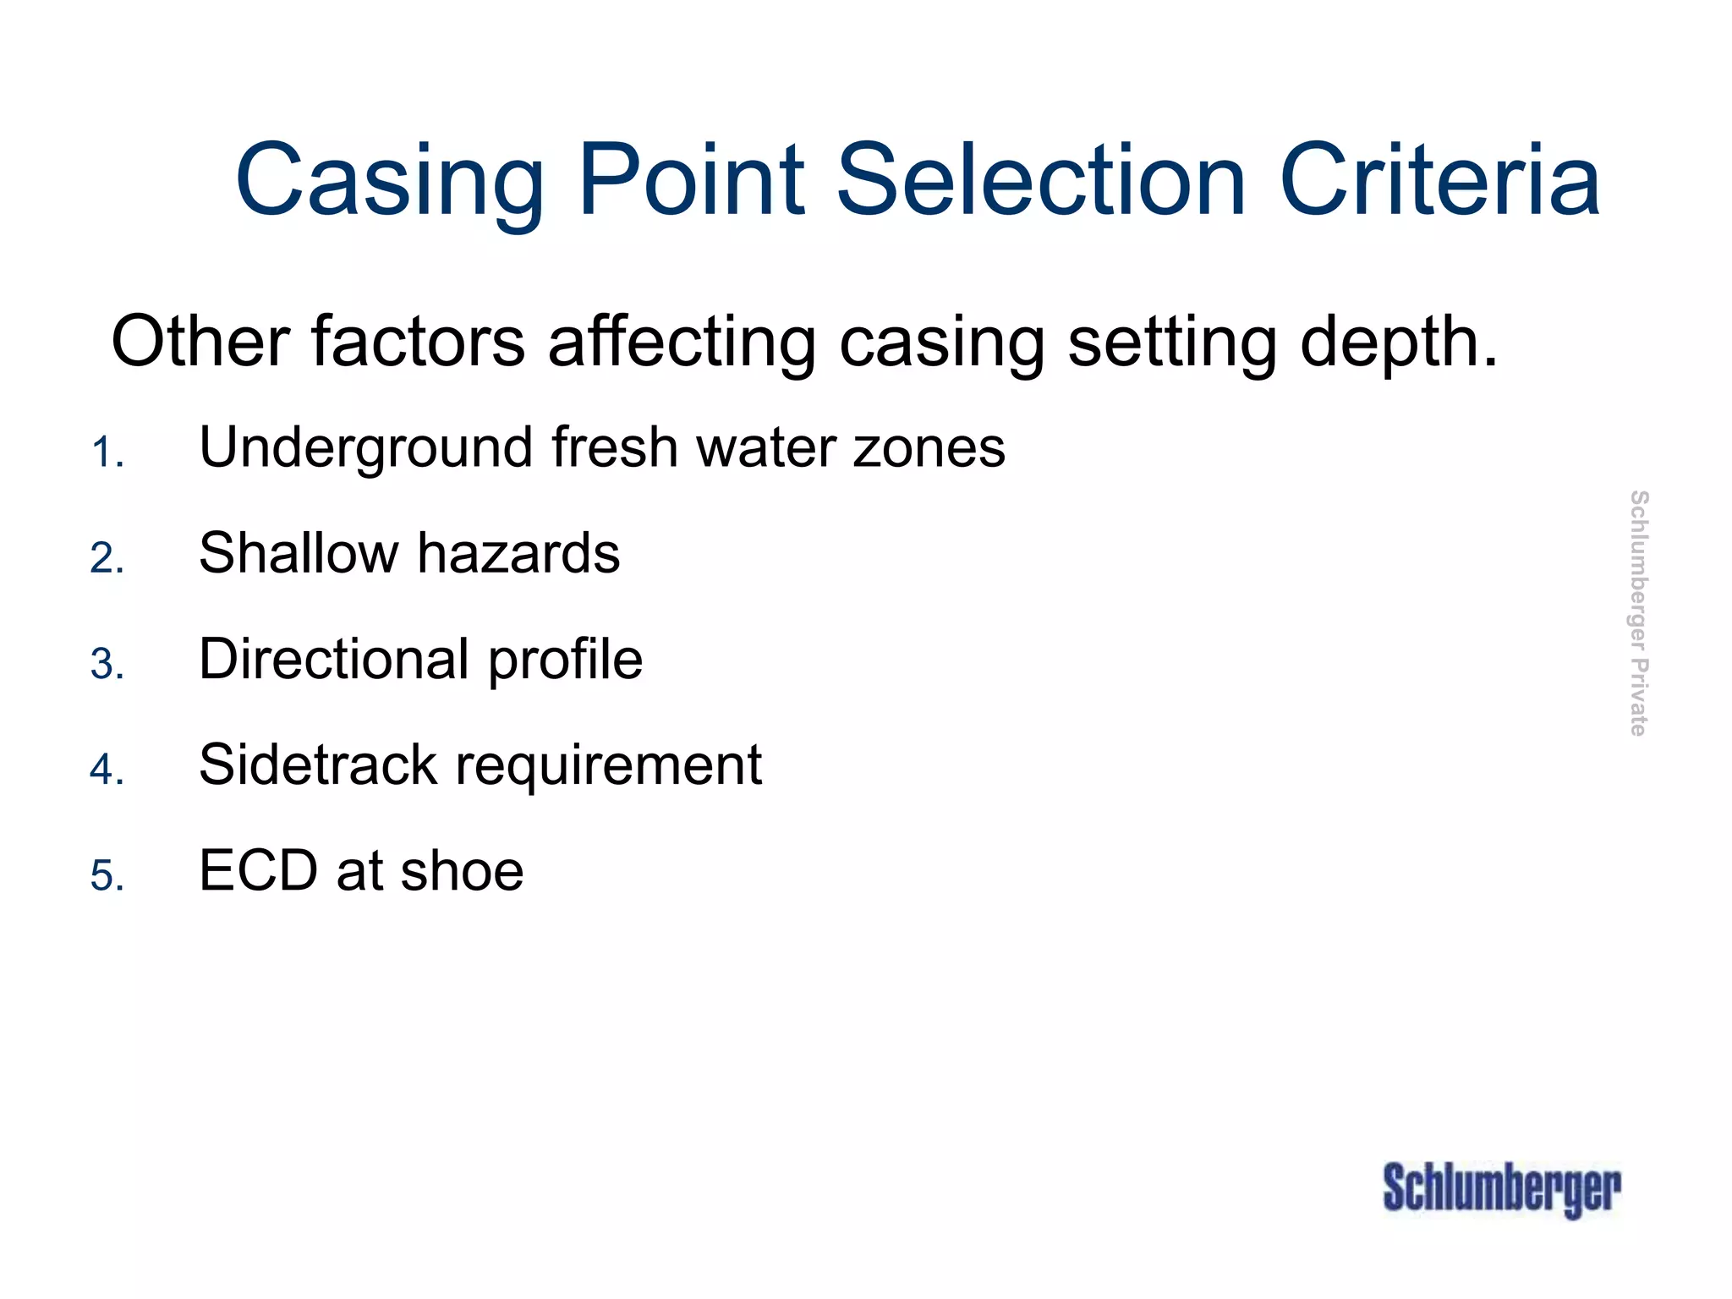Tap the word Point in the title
pos(692,180)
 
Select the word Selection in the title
pos(1041,180)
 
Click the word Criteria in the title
pos(1439,180)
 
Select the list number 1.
pos(107,452)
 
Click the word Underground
pos(366,447)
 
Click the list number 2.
pos(107,558)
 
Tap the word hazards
pos(518,553)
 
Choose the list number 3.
pos(107,664)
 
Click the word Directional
pos(333,659)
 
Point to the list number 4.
pos(107,770)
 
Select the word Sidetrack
pos(317,765)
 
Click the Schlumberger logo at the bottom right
pos(1501,1189)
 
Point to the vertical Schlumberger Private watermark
pos(1638,613)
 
